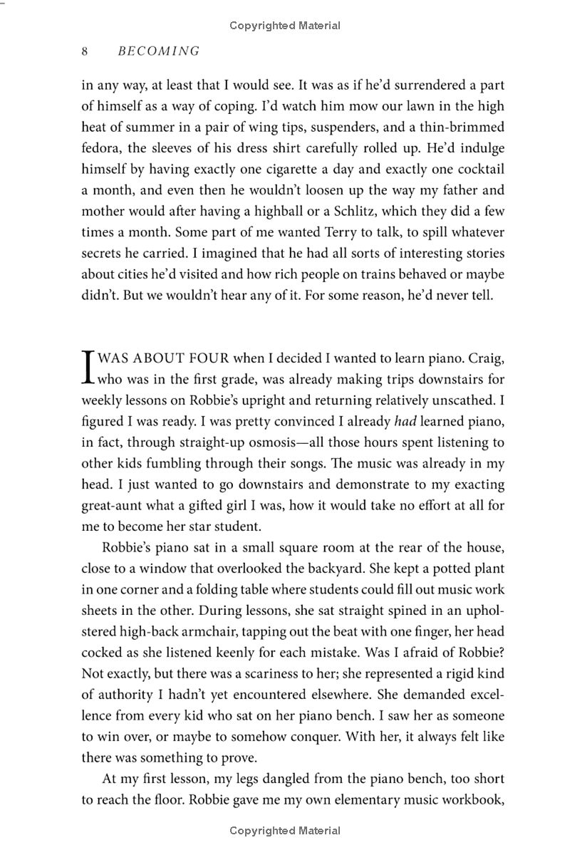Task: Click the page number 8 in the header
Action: tap(85, 51)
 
